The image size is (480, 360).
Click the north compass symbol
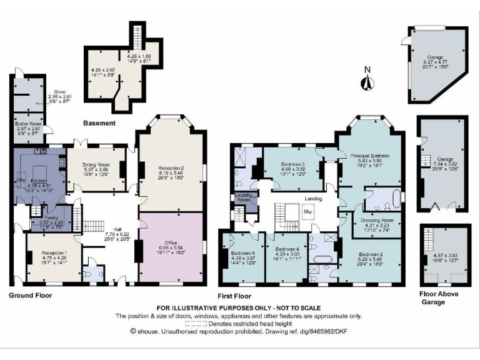pos(368,81)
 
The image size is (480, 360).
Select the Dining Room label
pos(95,164)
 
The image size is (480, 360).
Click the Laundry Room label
pos(242,198)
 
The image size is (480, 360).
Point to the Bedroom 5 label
pos(240,253)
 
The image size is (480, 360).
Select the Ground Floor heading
pos(31,294)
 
